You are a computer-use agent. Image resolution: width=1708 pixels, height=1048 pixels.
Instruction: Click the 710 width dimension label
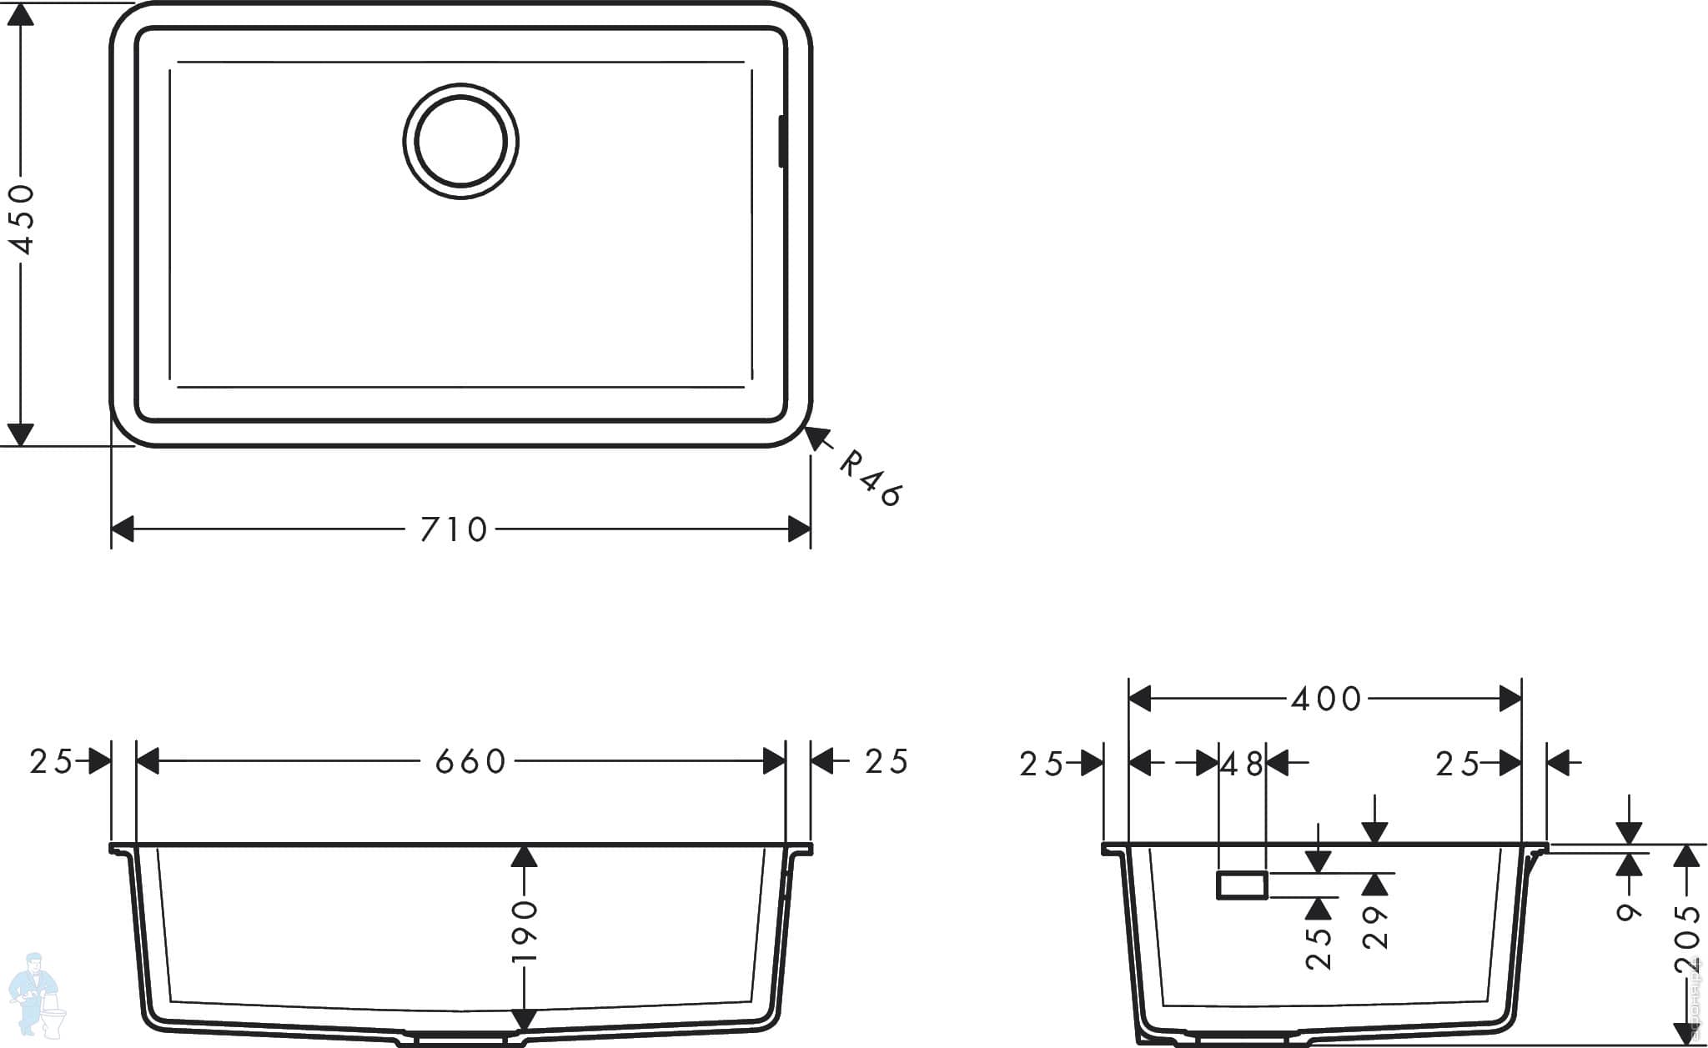(454, 529)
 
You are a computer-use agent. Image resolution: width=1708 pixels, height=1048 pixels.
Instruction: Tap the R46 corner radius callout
(870, 479)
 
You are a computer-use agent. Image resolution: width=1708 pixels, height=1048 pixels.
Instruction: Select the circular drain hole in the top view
(461, 141)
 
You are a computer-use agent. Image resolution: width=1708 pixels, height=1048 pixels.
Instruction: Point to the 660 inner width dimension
(470, 761)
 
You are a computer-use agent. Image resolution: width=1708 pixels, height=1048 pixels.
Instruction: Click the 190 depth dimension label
(525, 930)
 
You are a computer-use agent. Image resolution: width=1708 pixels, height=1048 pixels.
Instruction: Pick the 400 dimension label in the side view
(1326, 699)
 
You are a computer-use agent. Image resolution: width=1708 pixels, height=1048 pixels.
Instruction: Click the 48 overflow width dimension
(1242, 763)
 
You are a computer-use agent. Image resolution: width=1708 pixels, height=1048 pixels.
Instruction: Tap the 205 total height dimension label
(1686, 940)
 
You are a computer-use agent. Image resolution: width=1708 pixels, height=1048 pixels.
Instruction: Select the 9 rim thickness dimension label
(1629, 911)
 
